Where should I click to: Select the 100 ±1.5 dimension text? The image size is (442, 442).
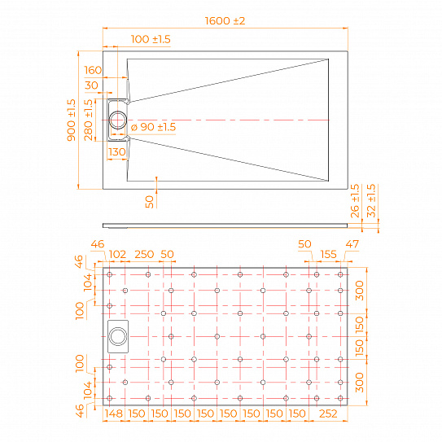pos(151,39)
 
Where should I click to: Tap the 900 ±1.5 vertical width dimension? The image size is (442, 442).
pos(72,119)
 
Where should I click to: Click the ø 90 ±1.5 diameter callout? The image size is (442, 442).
pos(153,127)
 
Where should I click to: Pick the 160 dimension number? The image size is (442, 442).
pos(92,71)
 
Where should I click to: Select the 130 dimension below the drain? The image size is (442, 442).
pos(117,151)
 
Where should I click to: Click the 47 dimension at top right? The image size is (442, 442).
pos(352,243)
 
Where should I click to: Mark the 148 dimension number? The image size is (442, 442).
pos(114,414)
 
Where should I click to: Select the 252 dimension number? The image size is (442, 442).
pos(329,414)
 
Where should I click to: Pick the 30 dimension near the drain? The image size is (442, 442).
pos(91,86)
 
